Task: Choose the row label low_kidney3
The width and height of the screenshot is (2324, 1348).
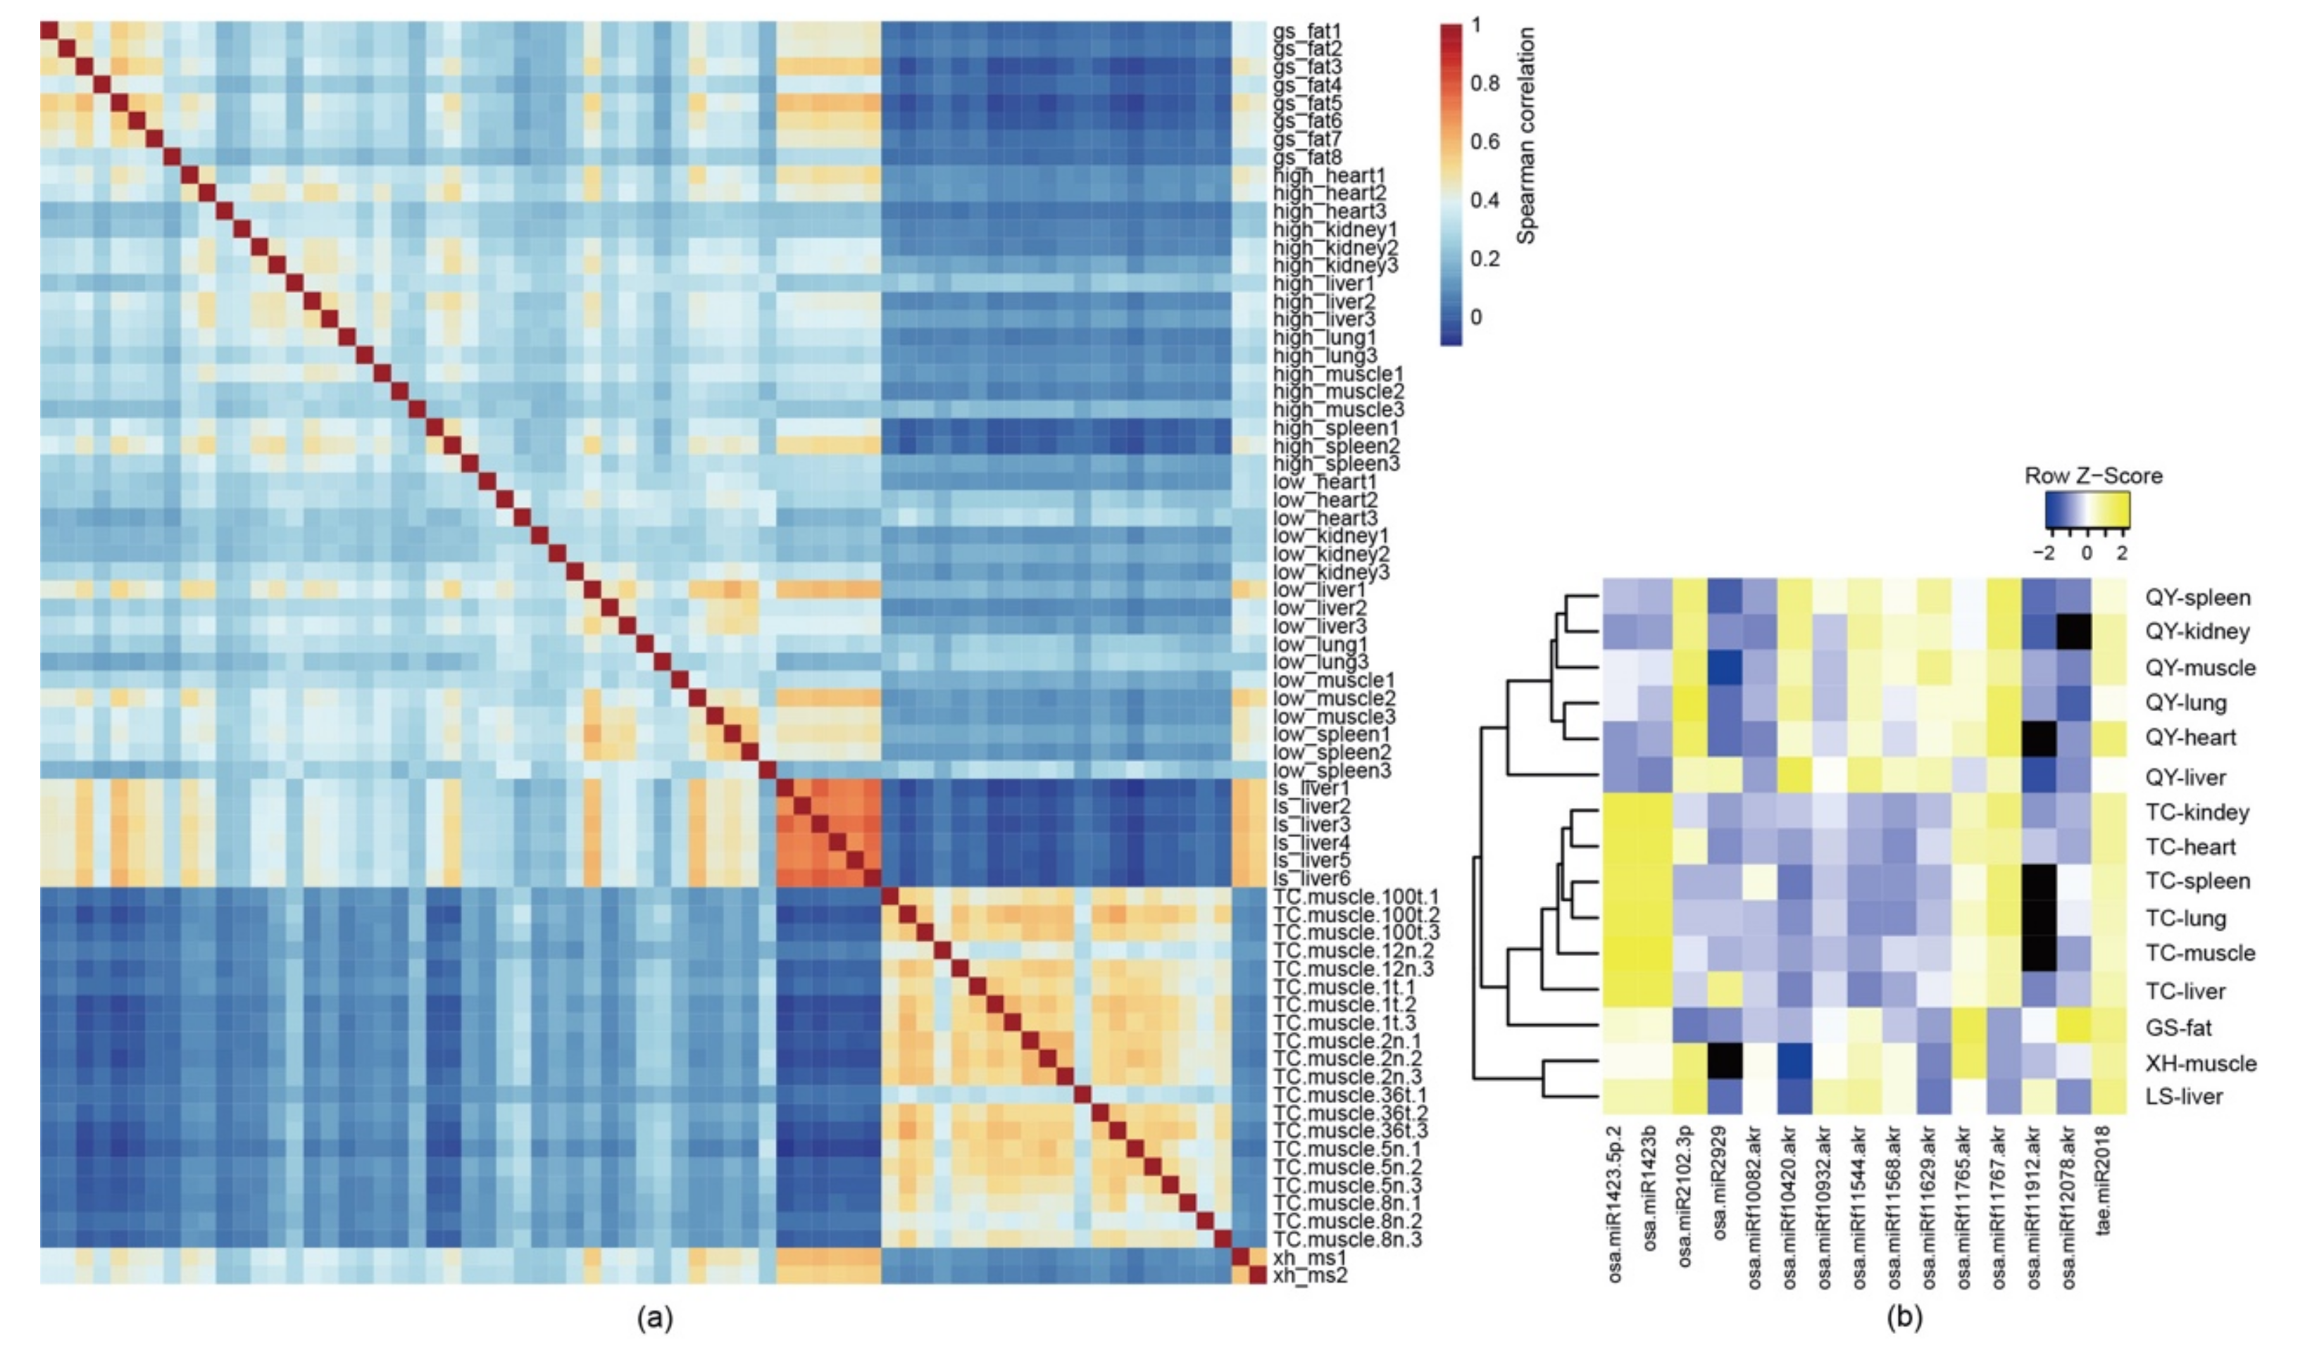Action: (x=1331, y=572)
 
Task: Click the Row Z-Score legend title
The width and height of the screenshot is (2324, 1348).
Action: (x=2092, y=476)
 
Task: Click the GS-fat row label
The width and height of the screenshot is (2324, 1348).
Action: (x=2178, y=1026)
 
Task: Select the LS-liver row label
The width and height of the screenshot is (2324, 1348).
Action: (x=2184, y=1096)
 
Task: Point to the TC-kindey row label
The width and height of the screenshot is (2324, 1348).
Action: (x=2197, y=812)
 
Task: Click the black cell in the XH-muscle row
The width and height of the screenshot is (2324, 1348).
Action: (x=1724, y=1062)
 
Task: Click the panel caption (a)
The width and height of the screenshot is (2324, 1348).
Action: (x=655, y=1319)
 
